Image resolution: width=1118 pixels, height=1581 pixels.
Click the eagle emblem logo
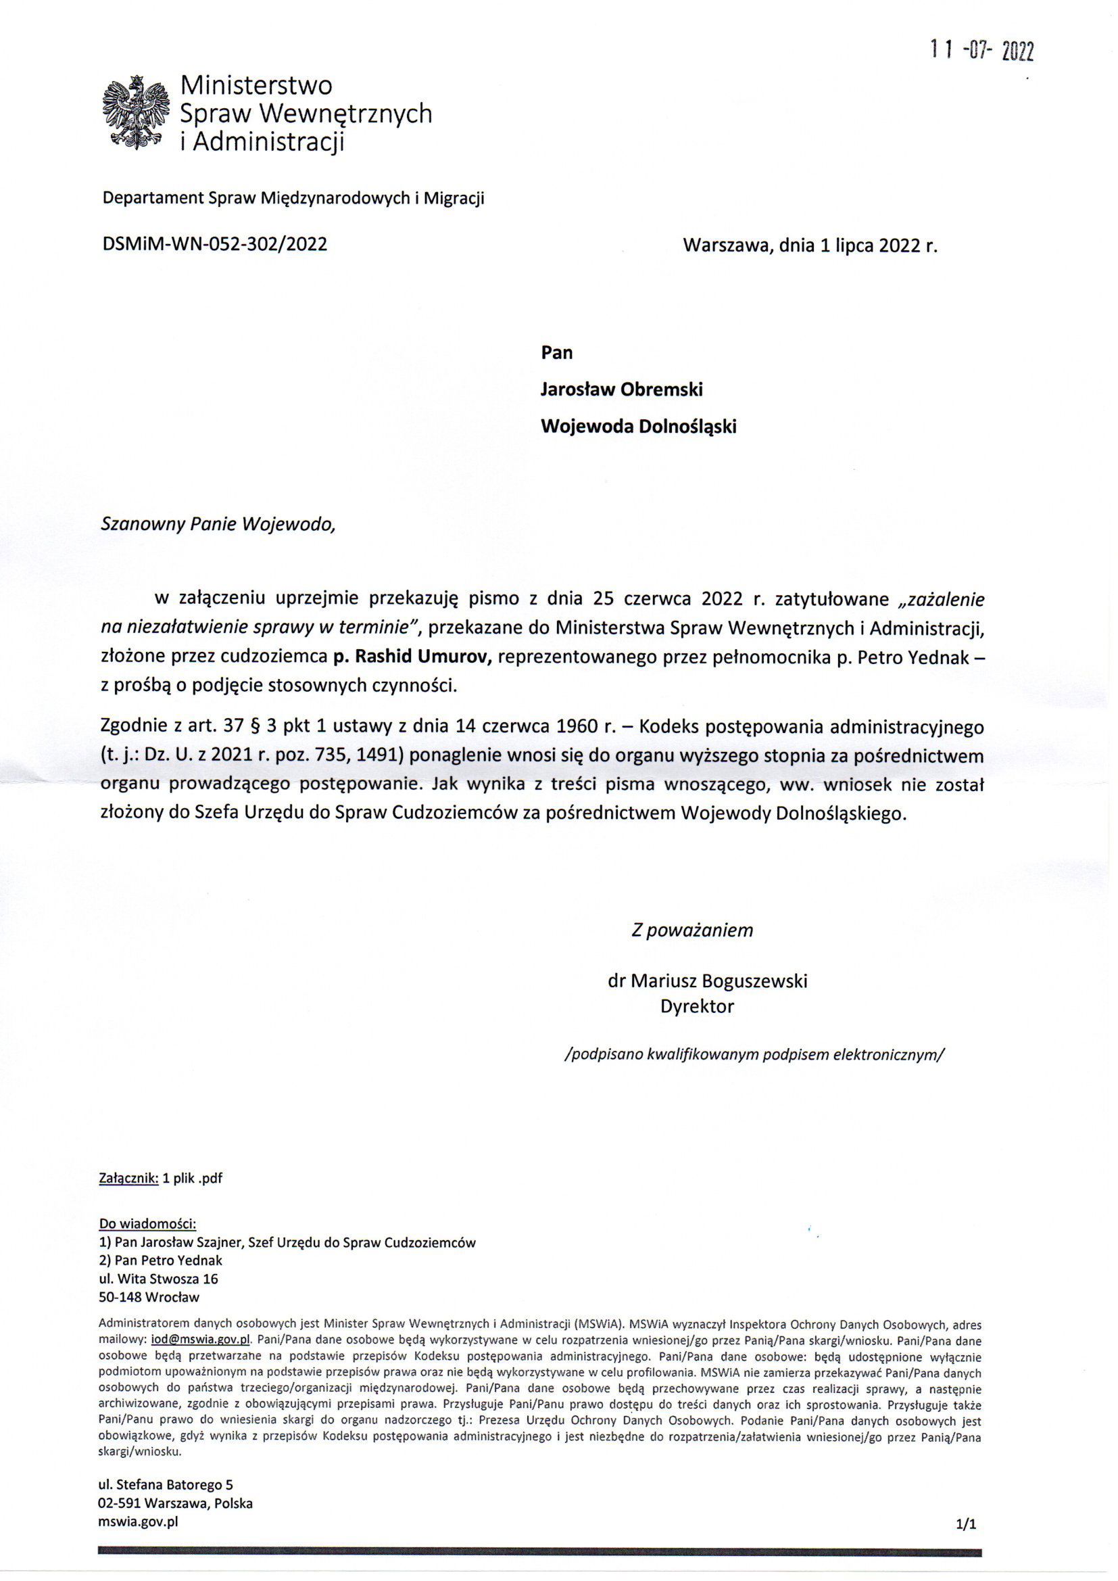click(135, 112)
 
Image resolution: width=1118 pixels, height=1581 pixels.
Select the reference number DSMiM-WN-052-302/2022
click(214, 244)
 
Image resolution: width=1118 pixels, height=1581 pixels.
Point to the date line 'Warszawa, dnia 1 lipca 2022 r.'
click(810, 245)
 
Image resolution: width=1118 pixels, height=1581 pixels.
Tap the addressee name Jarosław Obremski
click(622, 390)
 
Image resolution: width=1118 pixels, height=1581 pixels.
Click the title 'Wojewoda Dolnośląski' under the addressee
click(638, 427)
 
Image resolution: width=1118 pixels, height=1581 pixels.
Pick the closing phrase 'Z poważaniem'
click(692, 930)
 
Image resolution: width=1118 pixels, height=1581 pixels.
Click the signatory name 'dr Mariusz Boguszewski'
click(707, 981)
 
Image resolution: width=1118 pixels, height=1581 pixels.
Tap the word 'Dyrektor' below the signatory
click(697, 1006)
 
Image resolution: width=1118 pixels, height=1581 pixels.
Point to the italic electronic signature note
click(754, 1054)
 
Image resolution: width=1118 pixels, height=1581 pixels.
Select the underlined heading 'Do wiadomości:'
click(148, 1224)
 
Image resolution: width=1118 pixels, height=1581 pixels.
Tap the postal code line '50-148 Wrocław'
click(149, 1297)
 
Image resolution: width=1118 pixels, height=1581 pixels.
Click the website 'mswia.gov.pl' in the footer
click(139, 1521)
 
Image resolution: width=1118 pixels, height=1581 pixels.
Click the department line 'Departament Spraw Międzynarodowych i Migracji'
click(293, 199)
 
